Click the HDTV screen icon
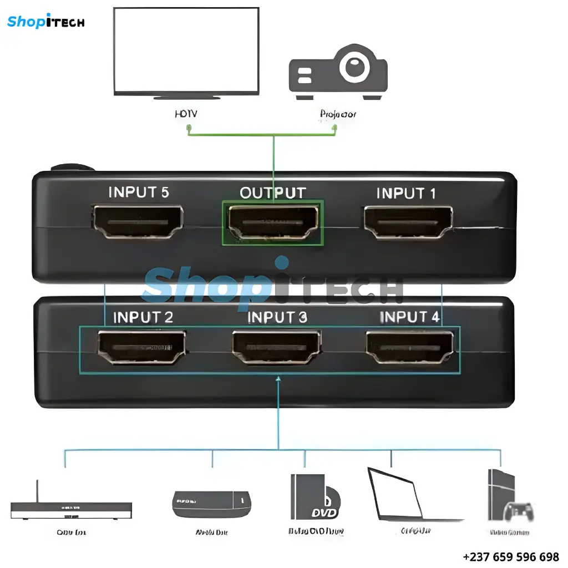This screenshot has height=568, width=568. [186, 53]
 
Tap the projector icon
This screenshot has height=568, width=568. [338, 74]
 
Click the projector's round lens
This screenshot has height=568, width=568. [356, 67]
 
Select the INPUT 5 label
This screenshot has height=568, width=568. [139, 192]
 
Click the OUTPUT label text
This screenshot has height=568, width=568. [272, 193]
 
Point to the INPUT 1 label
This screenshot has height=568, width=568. [406, 194]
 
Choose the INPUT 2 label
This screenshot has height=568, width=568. [143, 317]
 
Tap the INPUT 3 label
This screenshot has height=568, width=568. [277, 317]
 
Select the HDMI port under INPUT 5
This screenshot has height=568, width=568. [139, 221]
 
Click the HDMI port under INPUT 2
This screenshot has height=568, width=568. [141, 347]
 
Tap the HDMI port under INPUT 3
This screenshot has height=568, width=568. [276, 347]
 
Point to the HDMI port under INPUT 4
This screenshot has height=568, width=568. [410, 347]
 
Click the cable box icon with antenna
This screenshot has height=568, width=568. [71, 508]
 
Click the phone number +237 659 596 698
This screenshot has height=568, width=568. [511, 556]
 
